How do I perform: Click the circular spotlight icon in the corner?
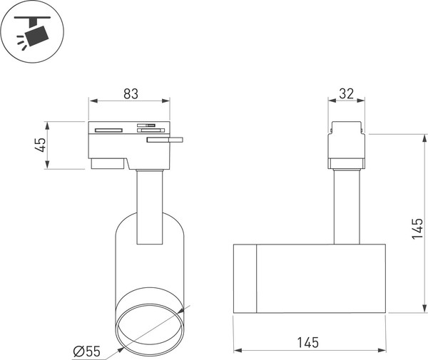(33, 33)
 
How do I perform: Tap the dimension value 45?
(41, 145)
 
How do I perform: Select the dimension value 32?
(347, 93)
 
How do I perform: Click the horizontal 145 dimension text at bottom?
(309, 342)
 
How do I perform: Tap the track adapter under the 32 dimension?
(347, 146)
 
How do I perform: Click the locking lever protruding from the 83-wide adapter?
(165, 140)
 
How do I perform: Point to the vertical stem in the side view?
(347, 207)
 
